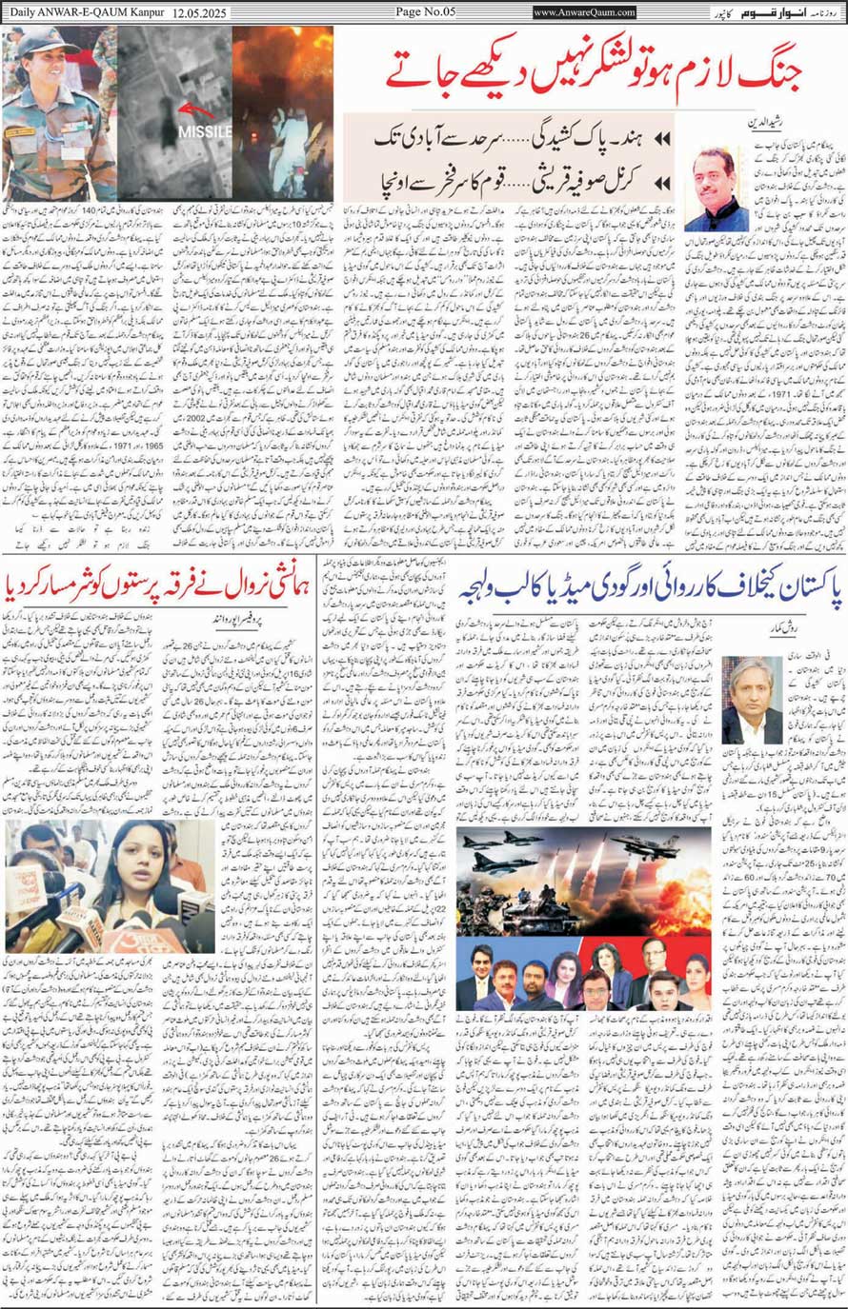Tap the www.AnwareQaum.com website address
click(584, 11)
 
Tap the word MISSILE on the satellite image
click(204, 131)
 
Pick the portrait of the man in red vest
click(715, 188)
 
